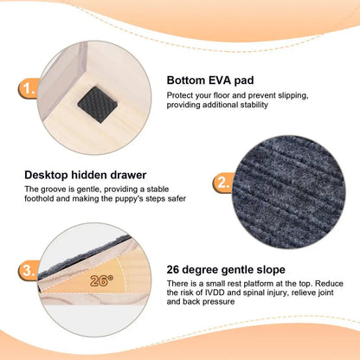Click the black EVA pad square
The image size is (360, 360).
[x=97, y=105]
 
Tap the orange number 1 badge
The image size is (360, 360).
[x=29, y=88]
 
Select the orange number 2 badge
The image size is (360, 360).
[x=222, y=183]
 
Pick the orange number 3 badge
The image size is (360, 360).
[x=29, y=270]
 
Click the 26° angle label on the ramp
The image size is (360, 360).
[x=101, y=280]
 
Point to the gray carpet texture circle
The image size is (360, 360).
[x=289, y=192]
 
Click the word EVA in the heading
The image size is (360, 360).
[x=216, y=80]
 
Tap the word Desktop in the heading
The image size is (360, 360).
[x=47, y=175]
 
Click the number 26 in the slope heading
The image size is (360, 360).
[x=173, y=270]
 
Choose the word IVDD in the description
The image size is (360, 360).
[x=215, y=292]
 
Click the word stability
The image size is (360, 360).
[x=254, y=105]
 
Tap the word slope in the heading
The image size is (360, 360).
[x=270, y=270]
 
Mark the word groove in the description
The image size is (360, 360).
[x=53, y=190]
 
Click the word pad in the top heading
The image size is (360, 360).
[x=244, y=80]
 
